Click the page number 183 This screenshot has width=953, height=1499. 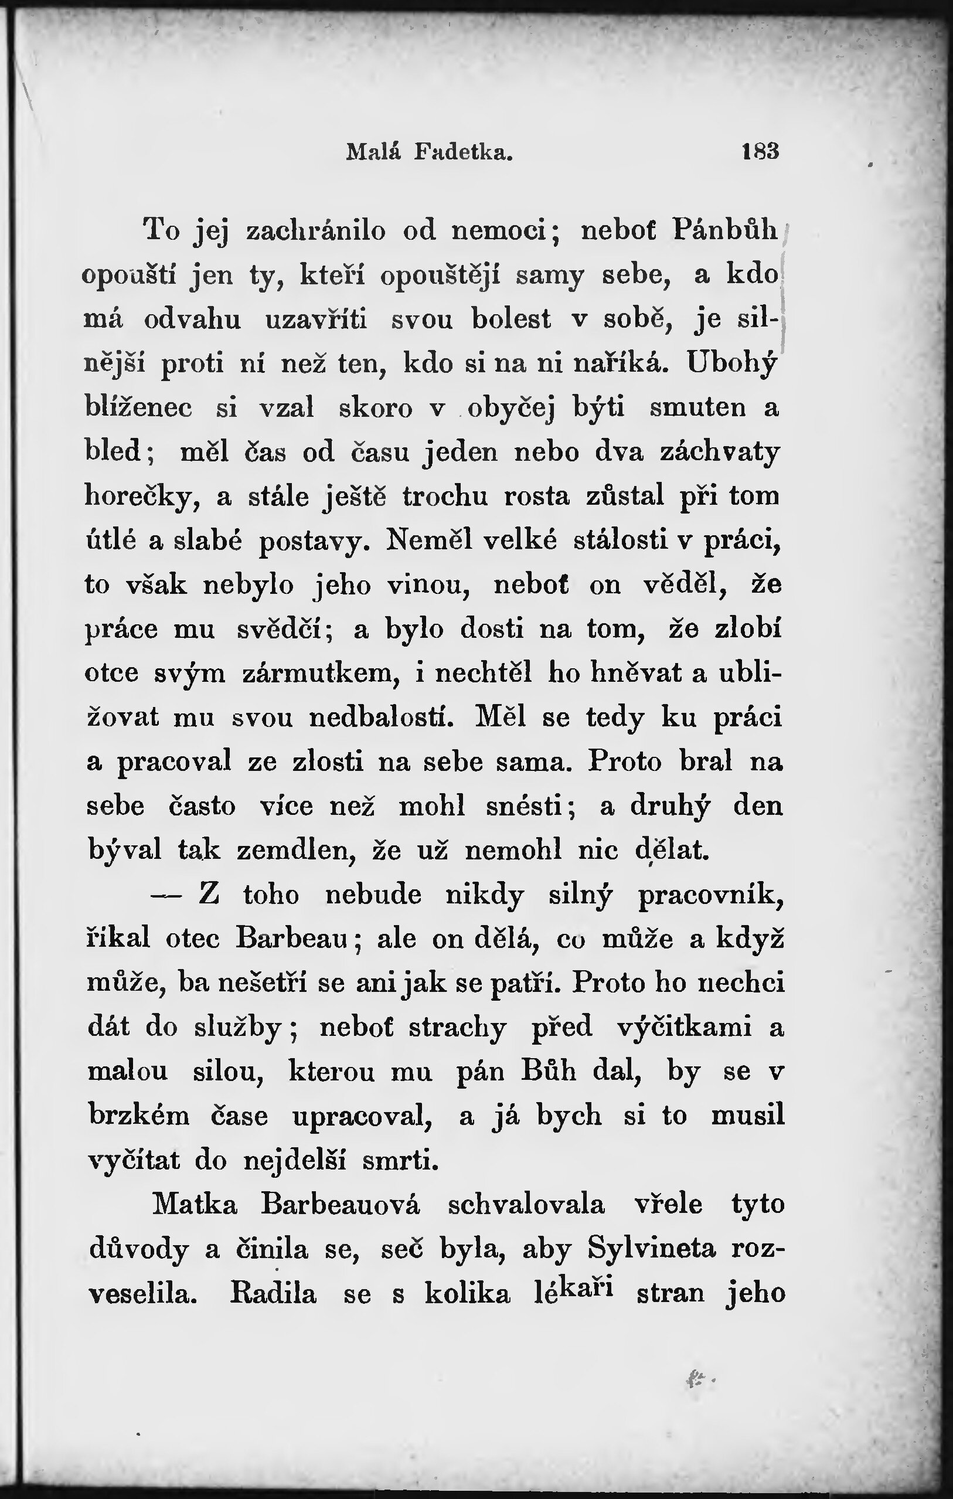point(760,151)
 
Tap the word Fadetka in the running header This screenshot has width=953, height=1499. point(464,151)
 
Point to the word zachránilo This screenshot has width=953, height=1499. point(316,231)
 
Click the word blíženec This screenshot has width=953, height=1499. point(138,409)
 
